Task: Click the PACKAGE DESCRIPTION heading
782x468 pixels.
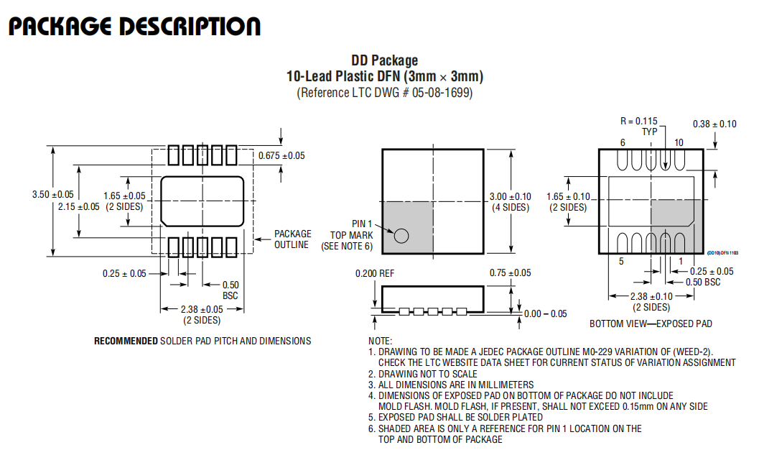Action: (135, 27)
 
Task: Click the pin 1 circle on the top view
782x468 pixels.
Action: (401, 236)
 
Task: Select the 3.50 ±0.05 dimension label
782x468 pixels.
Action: (53, 194)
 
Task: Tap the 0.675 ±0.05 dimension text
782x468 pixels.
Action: (281, 156)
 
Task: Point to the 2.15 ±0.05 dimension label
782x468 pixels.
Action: (79, 207)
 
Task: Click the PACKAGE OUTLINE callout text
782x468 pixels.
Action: (292, 239)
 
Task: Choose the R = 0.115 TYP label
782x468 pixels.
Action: (639, 127)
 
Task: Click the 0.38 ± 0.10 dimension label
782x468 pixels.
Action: (714, 124)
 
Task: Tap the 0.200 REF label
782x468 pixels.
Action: (375, 274)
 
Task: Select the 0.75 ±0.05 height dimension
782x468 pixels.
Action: (510, 272)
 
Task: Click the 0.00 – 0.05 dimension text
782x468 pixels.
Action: (545, 313)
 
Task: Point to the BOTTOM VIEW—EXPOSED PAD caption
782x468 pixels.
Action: (651, 324)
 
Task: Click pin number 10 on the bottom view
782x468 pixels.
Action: (679, 143)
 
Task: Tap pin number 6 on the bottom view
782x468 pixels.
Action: (623, 143)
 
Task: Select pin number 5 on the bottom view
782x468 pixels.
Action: (621, 261)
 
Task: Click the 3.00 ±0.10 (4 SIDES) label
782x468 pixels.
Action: (510, 202)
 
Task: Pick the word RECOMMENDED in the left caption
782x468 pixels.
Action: (126, 341)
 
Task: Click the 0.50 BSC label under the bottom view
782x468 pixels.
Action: (703, 283)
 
